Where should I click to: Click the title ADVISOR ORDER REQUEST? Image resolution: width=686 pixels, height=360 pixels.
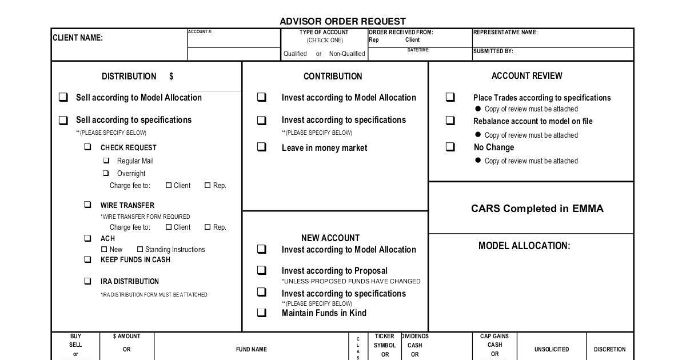tap(342, 21)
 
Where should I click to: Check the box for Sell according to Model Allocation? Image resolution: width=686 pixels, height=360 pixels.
tap(63, 97)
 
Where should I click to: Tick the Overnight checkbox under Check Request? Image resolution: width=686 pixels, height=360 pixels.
tap(106, 173)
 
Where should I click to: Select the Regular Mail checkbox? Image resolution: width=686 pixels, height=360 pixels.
tap(106, 161)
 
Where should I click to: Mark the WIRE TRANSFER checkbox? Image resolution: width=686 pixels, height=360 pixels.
tap(87, 205)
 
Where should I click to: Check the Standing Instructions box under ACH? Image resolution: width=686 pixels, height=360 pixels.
tap(140, 249)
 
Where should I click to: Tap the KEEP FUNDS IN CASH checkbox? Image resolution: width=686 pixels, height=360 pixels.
tap(87, 259)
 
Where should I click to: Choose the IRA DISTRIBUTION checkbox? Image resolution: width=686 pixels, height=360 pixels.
tap(87, 281)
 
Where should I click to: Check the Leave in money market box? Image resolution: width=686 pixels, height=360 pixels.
tap(261, 147)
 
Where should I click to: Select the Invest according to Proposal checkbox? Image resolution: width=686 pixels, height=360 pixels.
tap(261, 270)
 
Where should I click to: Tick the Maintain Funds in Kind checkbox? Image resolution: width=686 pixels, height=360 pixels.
tap(261, 313)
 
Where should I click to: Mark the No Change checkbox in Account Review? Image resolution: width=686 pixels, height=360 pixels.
tap(450, 147)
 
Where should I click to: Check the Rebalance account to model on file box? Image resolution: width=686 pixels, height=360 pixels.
tap(450, 121)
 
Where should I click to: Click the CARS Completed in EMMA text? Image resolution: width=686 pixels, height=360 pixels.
tap(537, 209)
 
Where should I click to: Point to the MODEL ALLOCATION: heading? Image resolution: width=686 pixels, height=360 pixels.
tap(524, 246)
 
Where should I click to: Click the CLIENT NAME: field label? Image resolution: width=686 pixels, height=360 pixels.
tap(78, 38)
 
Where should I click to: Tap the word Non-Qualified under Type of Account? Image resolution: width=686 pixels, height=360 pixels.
tap(347, 54)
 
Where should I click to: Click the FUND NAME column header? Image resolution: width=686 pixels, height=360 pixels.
tap(252, 349)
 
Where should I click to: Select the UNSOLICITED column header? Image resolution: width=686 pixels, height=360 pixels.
tap(552, 349)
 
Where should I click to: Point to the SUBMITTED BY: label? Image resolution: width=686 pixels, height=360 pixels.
tap(493, 51)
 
